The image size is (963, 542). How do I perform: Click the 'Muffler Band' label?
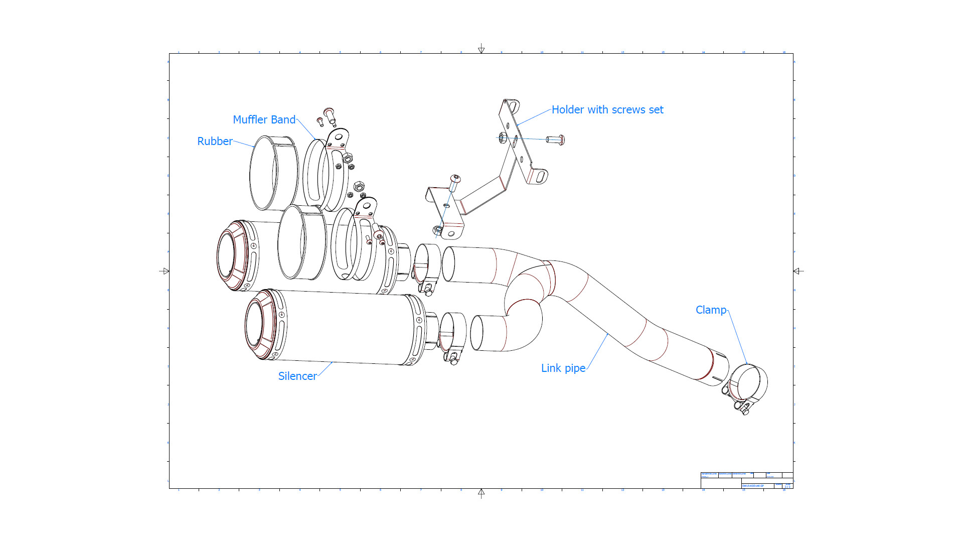coord(264,120)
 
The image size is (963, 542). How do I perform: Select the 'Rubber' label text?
coord(215,142)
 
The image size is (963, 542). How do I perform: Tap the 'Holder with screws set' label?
coord(607,110)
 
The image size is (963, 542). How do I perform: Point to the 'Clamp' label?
coord(711,310)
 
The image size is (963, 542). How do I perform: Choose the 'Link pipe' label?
coord(563,368)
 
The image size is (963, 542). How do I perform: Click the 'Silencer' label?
coord(297,376)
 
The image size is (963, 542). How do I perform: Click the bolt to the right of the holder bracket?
coord(555,140)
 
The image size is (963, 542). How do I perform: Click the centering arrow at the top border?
coord(481,48)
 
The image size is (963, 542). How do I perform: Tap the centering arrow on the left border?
coord(165,271)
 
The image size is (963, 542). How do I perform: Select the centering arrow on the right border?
coord(798,271)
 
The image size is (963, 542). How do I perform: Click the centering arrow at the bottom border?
coord(481,493)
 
